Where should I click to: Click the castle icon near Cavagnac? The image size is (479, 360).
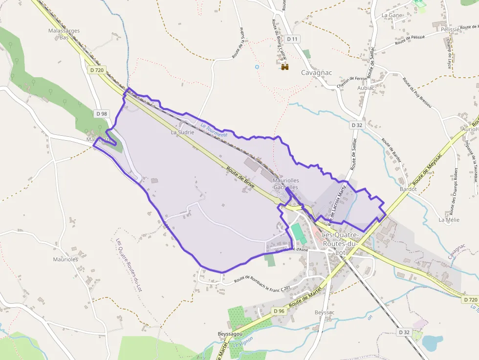click(x=285, y=66)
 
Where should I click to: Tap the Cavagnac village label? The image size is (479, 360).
click(x=316, y=73)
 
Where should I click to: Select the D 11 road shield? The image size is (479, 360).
click(x=292, y=39)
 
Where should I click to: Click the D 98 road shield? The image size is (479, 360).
click(x=102, y=114)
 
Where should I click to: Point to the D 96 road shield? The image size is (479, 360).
click(x=279, y=311)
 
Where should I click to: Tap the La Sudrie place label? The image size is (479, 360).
click(x=182, y=132)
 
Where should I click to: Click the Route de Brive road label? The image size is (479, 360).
click(x=240, y=177)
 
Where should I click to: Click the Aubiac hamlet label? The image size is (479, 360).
click(x=366, y=88)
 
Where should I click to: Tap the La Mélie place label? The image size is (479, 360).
click(x=449, y=220)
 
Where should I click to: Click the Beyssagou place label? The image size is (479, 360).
click(x=230, y=334)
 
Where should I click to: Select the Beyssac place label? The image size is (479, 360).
click(x=325, y=312)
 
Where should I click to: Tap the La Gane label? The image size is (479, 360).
click(x=392, y=15)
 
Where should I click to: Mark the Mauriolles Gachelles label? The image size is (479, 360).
click(x=286, y=184)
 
